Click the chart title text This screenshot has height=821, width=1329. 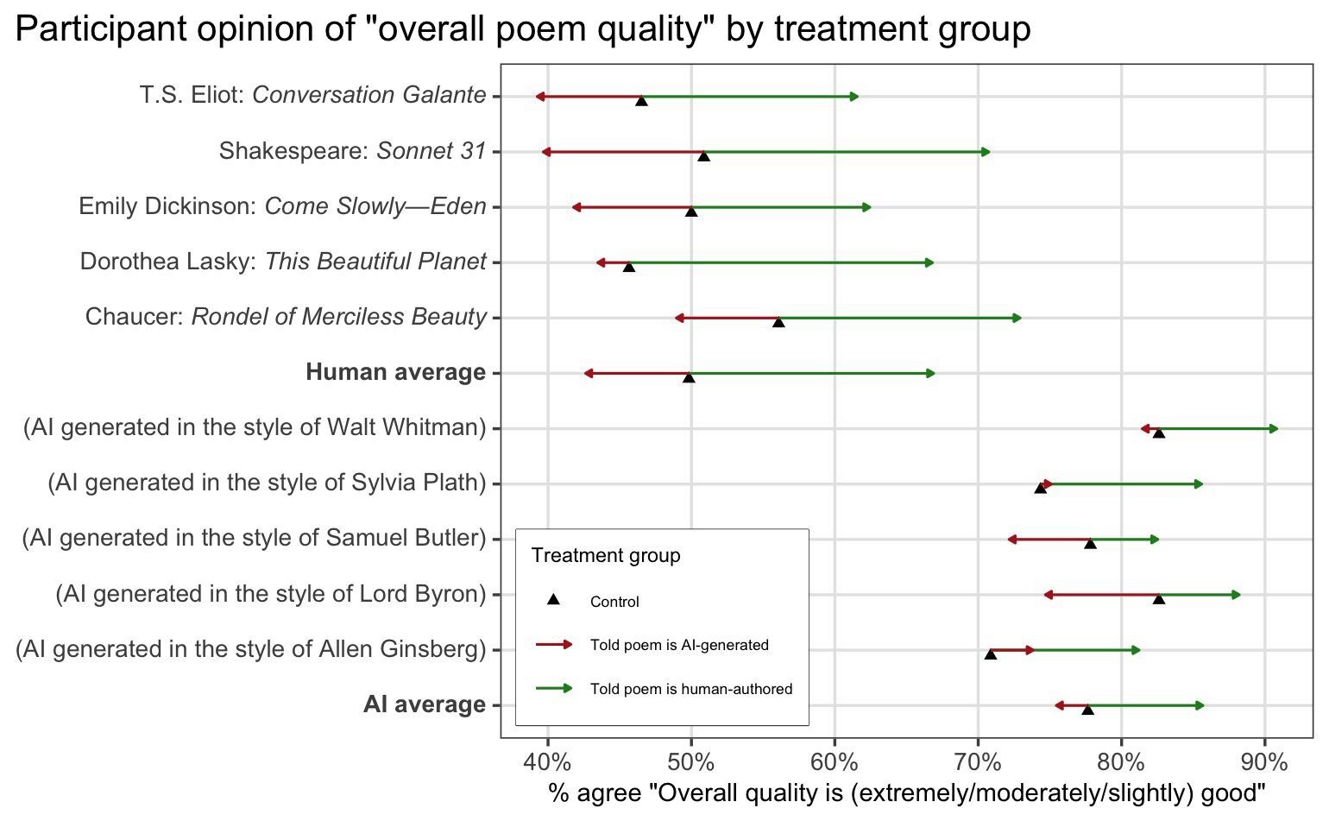click(x=522, y=29)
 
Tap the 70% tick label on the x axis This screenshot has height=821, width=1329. click(x=978, y=763)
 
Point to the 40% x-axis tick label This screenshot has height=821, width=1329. click(x=547, y=763)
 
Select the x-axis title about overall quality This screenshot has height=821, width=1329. click(x=906, y=793)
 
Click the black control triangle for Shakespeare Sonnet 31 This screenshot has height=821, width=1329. click(x=703, y=156)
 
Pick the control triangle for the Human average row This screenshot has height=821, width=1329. click(x=689, y=377)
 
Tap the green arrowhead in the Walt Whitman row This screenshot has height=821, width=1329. click(x=1274, y=428)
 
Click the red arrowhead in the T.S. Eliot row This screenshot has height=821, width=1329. click(x=539, y=97)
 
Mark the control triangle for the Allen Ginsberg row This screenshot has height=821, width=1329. click(x=991, y=654)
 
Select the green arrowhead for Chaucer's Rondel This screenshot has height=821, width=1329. click(x=1017, y=318)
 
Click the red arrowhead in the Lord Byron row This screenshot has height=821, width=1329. click(x=1048, y=595)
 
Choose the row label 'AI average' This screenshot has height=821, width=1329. click(x=425, y=704)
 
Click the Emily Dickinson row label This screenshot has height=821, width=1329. click(x=282, y=206)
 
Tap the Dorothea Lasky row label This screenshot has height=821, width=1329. click(x=283, y=262)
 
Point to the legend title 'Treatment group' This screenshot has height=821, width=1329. click(x=606, y=555)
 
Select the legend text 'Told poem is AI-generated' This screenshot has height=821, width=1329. click(x=679, y=645)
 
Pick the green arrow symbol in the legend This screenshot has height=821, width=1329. click(x=554, y=688)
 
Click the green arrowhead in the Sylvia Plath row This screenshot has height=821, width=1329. click(x=1199, y=484)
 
